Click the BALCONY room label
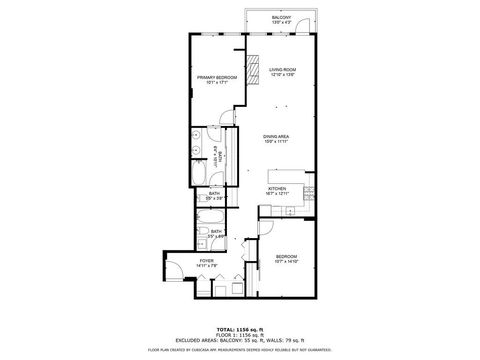pos(281,17)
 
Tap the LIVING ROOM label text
pos(283,69)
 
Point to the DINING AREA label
pos(277,136)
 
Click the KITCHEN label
pos(278,186)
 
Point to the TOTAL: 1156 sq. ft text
pos(240,328)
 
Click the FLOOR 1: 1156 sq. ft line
pos(240,334)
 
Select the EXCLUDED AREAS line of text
pos(240,340)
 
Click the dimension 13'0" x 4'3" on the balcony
pos(281,23)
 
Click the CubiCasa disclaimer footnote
pos(240,350)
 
